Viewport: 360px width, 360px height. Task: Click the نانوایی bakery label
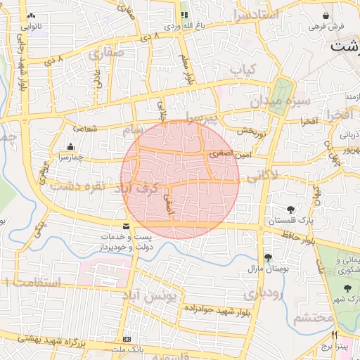[x=31, y=27]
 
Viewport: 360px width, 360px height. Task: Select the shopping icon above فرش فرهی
[x=326, y=15]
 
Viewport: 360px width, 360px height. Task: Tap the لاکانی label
[x=263, y=173]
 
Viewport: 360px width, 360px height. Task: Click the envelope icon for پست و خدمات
[x=126, y=226]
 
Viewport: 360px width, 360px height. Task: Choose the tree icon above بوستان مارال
[x=268, y=257]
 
